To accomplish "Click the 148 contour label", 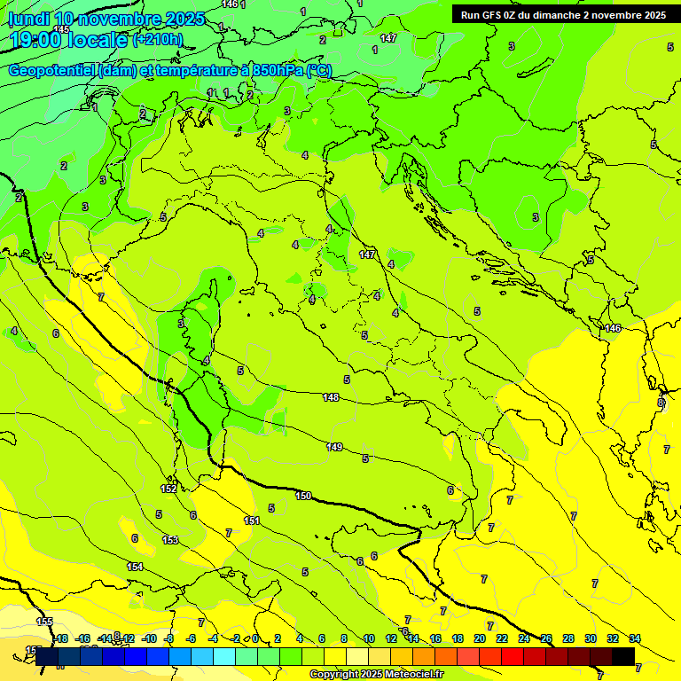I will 331,397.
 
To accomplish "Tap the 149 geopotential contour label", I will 334,447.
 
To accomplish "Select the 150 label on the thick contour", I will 303,496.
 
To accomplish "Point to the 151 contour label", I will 252,521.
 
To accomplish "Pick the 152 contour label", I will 168,489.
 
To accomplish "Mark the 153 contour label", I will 170,540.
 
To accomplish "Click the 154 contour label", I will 135,567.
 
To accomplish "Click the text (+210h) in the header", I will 158,40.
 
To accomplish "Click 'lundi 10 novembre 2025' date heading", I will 106,19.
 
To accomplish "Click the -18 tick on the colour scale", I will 60,638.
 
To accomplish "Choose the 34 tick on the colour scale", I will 635,638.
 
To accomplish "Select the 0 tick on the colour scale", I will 255,638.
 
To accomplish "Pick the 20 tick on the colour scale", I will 480,638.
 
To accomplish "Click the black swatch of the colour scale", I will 623,656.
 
